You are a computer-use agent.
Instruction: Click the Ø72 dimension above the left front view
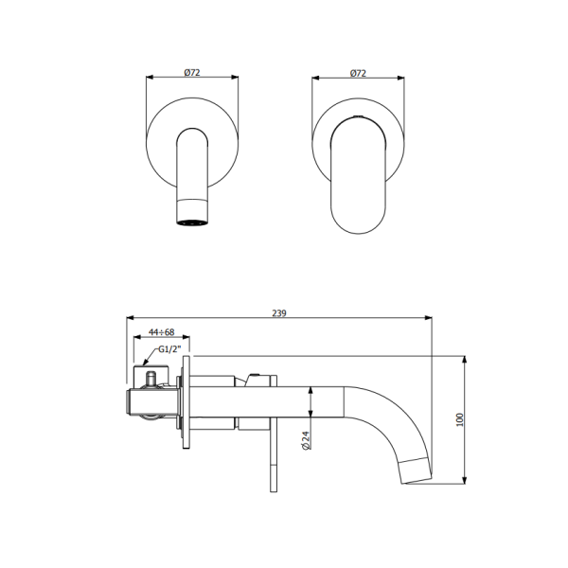191,73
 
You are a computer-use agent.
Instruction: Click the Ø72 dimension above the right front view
359,73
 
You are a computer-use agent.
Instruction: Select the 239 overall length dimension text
279,312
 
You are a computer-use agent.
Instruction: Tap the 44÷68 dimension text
160,332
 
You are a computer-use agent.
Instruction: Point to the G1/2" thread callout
170,349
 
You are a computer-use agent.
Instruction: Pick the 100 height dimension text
460,419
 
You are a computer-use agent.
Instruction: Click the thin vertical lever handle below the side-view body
274,459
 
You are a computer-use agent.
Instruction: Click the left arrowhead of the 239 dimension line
130,319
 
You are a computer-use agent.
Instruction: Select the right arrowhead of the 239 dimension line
429,319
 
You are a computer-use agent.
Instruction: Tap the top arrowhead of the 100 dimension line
466,360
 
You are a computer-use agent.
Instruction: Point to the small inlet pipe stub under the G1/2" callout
151,379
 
